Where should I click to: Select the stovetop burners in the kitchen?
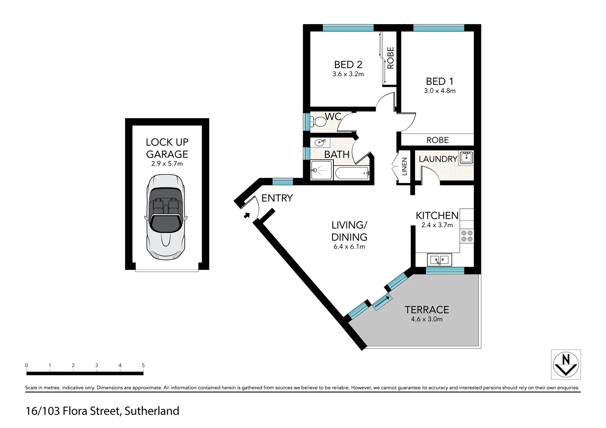467,236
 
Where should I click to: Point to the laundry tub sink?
467,158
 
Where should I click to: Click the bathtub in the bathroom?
352,173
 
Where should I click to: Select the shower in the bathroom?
321,170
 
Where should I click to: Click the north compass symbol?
566,364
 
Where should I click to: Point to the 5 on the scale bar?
143,365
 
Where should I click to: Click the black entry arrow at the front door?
246,216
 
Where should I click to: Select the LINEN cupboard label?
404,166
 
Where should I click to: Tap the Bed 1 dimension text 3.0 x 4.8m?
440,91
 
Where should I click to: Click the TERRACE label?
427,310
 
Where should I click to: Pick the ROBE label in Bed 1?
437,140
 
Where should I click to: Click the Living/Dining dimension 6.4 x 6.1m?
349,246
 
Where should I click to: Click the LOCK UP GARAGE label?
167,148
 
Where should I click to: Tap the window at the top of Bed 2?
348,28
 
